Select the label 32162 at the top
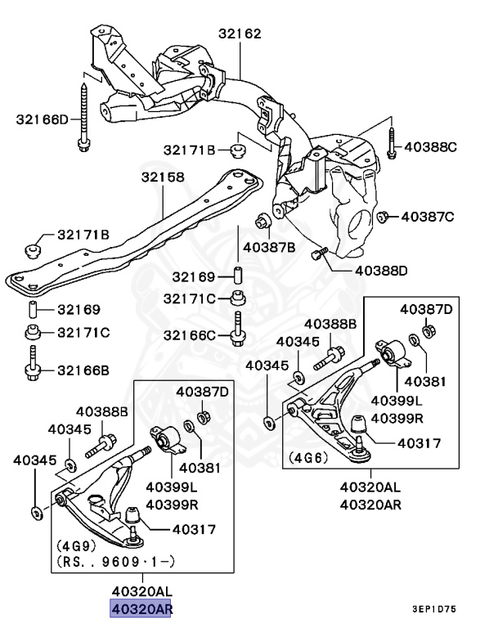tap(240, 34)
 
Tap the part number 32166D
tap(43, 120)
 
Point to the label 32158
tap(162, 177)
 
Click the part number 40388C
tap(430, 147)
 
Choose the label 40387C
tap(427, 217)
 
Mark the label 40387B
tap(269, 246)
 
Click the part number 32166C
tap(189, 335)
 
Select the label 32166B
tap(83, 370)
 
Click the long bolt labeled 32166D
tap(84, 114)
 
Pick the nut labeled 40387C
tap(382, 217)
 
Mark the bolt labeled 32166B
tap(33, 364)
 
